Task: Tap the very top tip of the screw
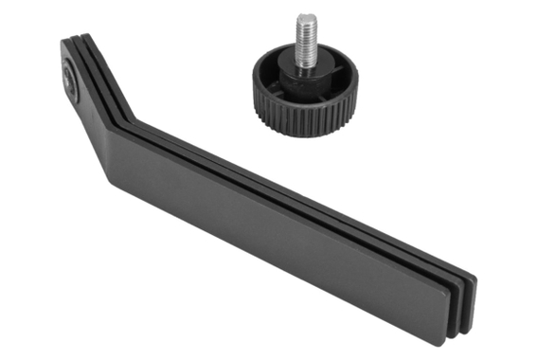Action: [x=305, y=16]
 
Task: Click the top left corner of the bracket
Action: [x=65, y=42]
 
